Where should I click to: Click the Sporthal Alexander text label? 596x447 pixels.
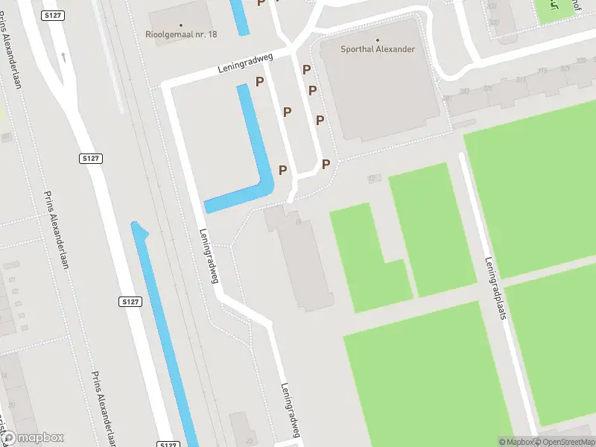pos(378,50)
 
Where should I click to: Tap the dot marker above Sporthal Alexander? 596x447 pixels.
pos(378,40)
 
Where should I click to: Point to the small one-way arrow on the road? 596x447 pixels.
pos(63,56)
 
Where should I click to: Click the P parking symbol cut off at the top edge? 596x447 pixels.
pos(261,3)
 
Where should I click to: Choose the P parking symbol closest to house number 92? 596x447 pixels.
pos(326,164)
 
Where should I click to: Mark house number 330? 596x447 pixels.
pos(494,22)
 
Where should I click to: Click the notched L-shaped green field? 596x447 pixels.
pos(369,257)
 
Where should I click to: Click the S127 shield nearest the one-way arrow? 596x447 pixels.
pos(91,159)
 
